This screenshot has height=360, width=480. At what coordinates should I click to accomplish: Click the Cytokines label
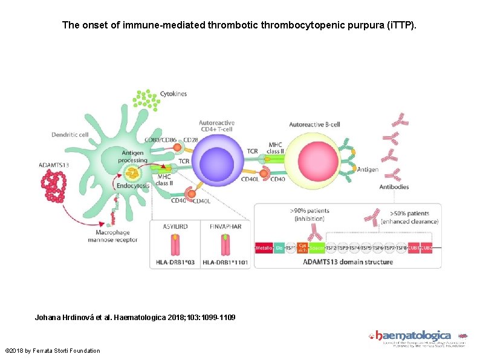(174, 94)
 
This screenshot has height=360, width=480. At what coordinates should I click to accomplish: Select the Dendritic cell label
(70, 134)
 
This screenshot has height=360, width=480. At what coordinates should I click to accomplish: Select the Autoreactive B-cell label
(315, 124)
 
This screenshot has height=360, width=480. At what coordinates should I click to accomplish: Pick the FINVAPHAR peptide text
(225, 226)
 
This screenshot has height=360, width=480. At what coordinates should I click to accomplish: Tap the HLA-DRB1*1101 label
(225, 262)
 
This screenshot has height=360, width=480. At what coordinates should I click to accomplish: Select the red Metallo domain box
(264, 247)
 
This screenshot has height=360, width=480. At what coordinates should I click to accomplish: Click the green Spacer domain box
(317, 247)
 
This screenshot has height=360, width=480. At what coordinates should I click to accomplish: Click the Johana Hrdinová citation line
(135, 317)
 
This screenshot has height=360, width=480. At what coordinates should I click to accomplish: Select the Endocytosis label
(134, 186)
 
